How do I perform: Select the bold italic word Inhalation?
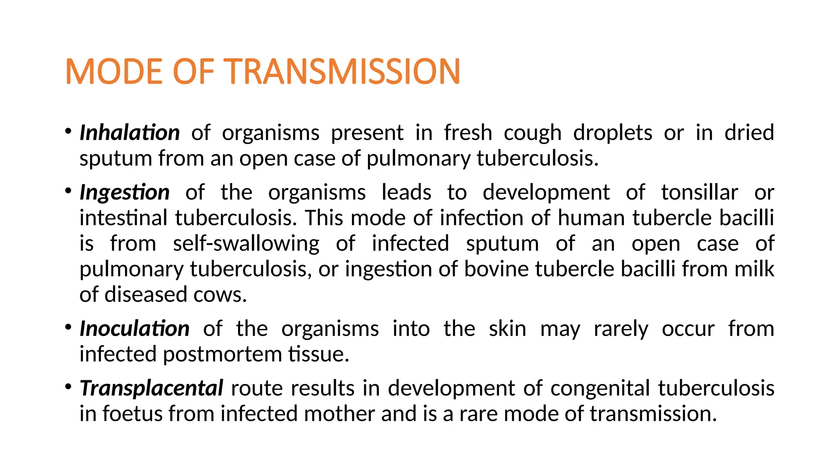click(129, 133)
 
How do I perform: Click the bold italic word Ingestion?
click(125, 192)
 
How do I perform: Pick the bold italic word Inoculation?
click(134, 329)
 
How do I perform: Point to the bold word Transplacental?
click(151, 388)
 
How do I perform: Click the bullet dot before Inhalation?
click(68, 132)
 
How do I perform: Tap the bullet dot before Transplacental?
click(68, 387)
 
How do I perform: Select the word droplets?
click(612, 133)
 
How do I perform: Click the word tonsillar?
click(700, 192)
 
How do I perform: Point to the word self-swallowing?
click(246, 243)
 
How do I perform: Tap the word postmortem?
click(222, 354)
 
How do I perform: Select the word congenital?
click(600, 388)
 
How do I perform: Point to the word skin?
click(508, 329)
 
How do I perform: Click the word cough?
click(532, 133)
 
